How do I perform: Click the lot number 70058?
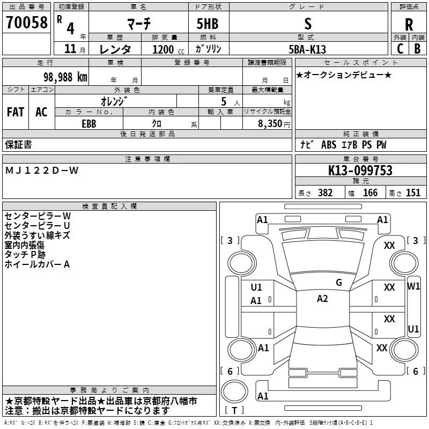pos(27,22)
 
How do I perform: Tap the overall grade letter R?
pos(409,25)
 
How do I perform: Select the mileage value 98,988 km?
pos(65,77)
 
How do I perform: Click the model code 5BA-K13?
pos(307,49)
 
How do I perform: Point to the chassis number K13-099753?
pos(360,171)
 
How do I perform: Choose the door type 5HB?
pos(208,24)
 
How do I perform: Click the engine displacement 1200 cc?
pos(168,49)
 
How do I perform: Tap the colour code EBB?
pos(89,124)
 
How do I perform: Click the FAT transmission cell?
pos(16,112)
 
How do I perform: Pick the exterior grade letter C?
pos(400,49)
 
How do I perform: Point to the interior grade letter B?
pos(418,49)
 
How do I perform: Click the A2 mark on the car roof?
pos(322,299)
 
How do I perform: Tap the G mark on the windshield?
pos(339,283)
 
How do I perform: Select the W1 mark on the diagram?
pos(413,286)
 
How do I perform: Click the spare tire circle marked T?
pos(234,391)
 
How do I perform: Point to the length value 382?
pos(326,193)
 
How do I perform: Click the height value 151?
pos(413,193)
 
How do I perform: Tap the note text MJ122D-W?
pos(42,171)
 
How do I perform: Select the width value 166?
pos(370,193)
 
